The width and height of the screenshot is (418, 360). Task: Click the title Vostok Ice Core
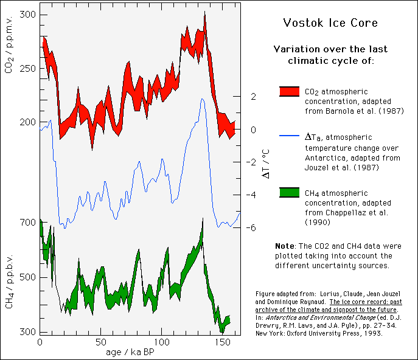coord(330,23)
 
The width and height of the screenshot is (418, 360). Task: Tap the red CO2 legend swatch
coord(289,91)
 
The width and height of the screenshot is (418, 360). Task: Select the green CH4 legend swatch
coord(289,193)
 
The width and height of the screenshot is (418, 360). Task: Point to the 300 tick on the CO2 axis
coord(28,15)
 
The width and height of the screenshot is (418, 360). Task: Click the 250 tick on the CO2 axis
coord(28,68)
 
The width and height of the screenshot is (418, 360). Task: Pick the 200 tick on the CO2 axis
coord(28,122)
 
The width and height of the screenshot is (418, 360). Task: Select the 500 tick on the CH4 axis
coord(28,277)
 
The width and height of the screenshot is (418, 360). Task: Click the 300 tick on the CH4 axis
coord(28,332)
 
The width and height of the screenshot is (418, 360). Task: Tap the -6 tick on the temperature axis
coord(251,228)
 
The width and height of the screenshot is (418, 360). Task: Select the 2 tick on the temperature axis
coord(253,96)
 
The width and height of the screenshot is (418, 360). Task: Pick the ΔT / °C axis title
coord(266,162)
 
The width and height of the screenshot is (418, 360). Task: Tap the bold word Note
coord(285,246)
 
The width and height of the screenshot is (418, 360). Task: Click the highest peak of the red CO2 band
coord(205,13)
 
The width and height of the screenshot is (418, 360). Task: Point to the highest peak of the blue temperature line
coord(202,99)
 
